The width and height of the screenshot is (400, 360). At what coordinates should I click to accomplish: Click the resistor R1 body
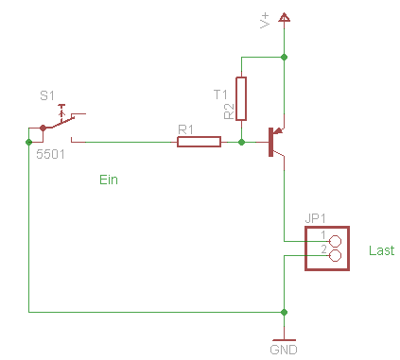tap(199, 142)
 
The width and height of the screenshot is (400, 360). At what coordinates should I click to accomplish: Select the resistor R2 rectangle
tap(241, 98)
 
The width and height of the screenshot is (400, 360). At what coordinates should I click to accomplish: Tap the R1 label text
tap(185, 129)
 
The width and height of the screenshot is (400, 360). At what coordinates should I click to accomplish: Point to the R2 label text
tap(229, 111)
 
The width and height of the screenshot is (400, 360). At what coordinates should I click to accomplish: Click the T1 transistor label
tap(220, 94)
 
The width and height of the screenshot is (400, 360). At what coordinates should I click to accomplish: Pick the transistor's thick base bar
tap(270, 142)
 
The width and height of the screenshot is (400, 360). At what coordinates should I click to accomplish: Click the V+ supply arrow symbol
tap(284, 17)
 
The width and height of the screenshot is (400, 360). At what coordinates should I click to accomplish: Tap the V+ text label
tap(265, 21)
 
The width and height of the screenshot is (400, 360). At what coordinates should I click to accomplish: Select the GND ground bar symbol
tap(284, 340)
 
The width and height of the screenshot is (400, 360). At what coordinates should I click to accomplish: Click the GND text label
tap(284, 350)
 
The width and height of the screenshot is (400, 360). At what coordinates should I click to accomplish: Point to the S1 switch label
tap(47, 95)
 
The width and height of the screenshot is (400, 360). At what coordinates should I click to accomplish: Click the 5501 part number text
tap(50, 154)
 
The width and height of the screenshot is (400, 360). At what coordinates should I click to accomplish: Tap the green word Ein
tap(109, 180)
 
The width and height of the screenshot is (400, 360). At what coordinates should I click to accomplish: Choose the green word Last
tap(382, 250)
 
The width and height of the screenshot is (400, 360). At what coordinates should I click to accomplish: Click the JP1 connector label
tap(315, 218)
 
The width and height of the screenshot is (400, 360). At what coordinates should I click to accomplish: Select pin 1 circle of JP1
tap(335, 241)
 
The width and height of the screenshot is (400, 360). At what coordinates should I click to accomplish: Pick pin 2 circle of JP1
tap(335, 255)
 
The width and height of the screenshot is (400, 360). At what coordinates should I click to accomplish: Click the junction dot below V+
tap(284, 57)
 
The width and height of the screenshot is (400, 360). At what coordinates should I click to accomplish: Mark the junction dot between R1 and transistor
tap(241, 142)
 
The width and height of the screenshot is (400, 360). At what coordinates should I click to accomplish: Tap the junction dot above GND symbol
tap(284, 312)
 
